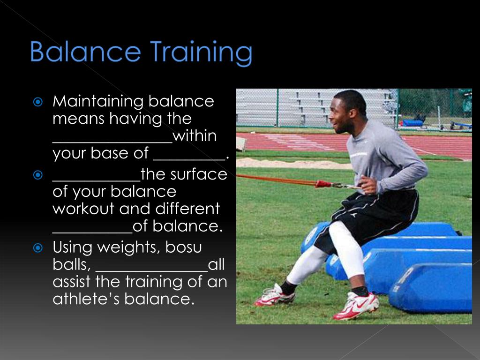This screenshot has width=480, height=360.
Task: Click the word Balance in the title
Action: [85, 52]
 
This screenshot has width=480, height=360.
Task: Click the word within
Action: [195, 136]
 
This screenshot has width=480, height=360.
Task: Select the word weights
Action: [126, 247]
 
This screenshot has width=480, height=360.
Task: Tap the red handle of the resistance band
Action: [323, 184]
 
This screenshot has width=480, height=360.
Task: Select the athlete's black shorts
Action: [370, 216]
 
